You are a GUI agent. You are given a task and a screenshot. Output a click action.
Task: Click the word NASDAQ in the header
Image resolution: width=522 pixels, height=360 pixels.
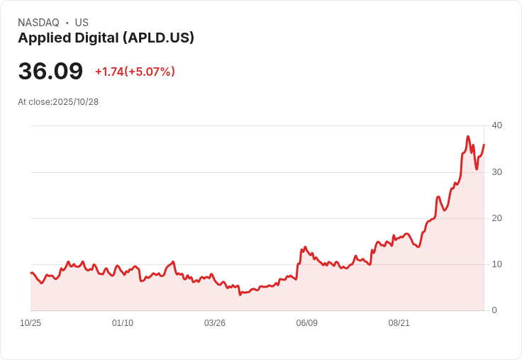[x=38, y=23]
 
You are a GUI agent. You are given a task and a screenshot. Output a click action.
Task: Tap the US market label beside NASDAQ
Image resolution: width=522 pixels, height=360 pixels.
[x=82, y=23]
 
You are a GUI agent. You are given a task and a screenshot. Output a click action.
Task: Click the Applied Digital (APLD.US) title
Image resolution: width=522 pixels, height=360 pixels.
[x=106, y=38]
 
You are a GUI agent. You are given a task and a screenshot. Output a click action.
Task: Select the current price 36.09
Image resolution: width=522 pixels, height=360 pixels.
[x=50, y=72]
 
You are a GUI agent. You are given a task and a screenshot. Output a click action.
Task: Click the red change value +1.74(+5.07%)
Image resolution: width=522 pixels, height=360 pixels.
[x=135, y=72]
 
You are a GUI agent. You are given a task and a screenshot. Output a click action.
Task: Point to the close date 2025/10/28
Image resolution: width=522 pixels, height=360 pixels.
[x=75, y=102]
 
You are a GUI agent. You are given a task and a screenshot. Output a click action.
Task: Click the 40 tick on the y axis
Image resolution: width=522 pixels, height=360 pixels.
[x=496, y=125]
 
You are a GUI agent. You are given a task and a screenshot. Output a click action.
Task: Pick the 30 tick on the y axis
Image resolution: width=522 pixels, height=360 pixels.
[x=496, y=172]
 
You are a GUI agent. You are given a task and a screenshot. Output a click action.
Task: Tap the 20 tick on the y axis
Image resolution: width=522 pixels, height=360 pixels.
[x=496, y=218]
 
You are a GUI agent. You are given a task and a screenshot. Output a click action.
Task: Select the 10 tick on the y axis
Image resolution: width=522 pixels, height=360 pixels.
[x=496, y=264]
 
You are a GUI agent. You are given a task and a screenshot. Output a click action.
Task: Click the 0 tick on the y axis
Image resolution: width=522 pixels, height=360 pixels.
[x=494, y=310]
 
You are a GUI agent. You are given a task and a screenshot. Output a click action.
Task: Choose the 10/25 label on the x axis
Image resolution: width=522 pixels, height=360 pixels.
[x=30, y=323]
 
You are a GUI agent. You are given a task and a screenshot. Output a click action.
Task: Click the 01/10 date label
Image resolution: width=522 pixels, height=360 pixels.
[x=123, y=323]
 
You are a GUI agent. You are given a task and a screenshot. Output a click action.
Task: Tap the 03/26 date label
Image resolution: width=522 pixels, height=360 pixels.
[x=215, y=323]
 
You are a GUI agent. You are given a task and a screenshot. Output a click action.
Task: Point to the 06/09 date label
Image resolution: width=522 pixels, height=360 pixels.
[x=307, y=323]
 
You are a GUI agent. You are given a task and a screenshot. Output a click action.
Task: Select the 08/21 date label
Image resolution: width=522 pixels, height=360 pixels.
[x=399, y=323]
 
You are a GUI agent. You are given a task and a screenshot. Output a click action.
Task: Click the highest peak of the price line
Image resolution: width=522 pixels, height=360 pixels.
[x=468, y=136]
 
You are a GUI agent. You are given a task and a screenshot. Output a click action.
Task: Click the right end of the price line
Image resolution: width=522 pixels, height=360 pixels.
[x=484, y=145]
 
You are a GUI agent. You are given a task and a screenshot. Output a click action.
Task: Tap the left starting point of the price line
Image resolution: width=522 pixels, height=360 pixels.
[x=30, y=273]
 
